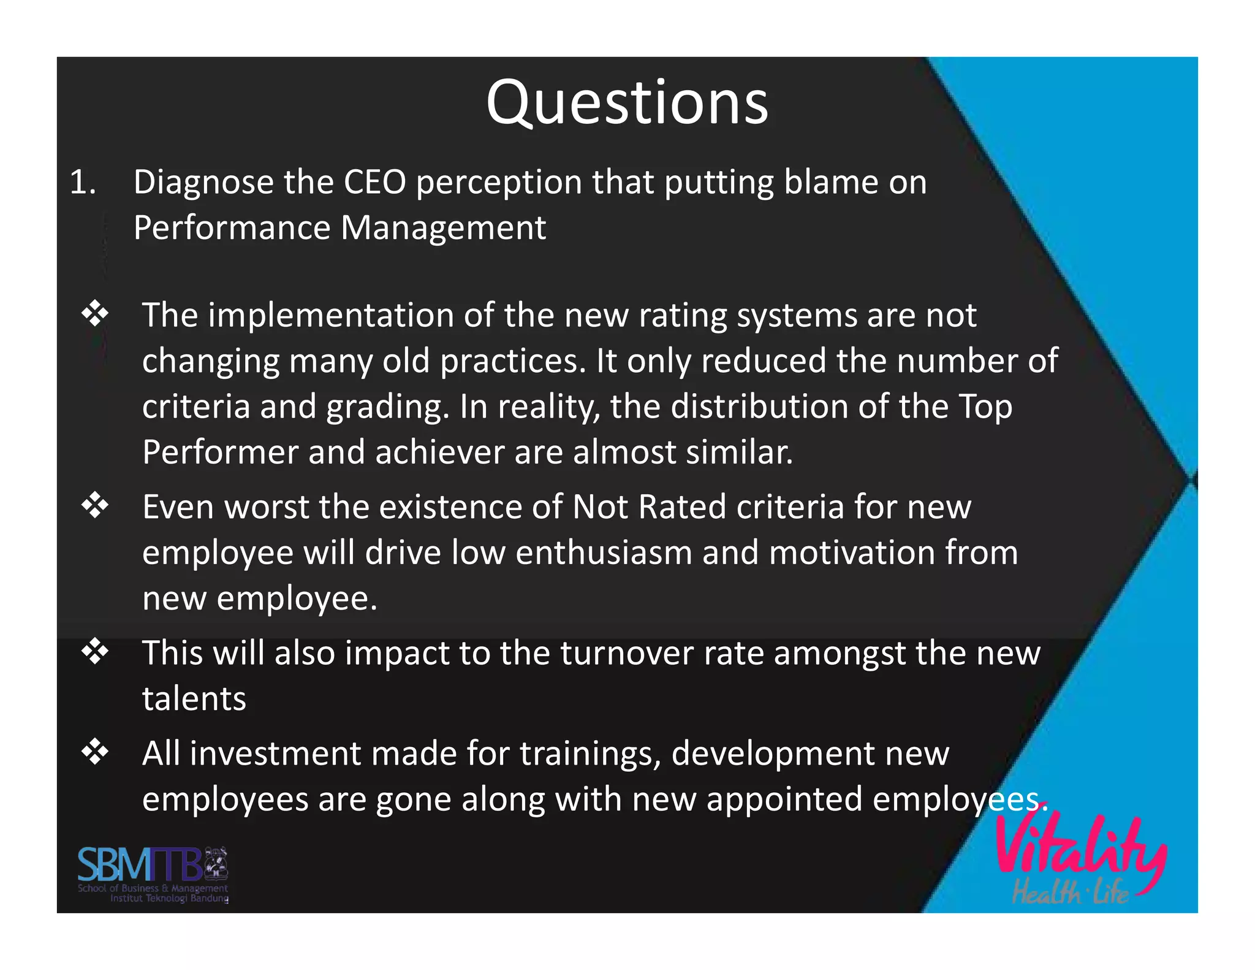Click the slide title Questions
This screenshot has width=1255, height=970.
coord(627,103)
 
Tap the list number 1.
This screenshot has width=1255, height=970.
coord(83,182)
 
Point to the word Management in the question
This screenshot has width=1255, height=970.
coord(442,229)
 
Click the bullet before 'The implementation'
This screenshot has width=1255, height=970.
coord(95,314)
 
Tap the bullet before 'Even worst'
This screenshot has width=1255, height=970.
coord(95,506)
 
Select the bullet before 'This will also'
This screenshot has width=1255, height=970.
coord(95,651)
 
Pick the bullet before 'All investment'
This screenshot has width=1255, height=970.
coord(95,752)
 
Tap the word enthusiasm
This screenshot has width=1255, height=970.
coord(604,553)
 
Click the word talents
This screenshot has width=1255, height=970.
coord(194,699)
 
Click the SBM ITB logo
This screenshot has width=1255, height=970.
coord(153,874)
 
